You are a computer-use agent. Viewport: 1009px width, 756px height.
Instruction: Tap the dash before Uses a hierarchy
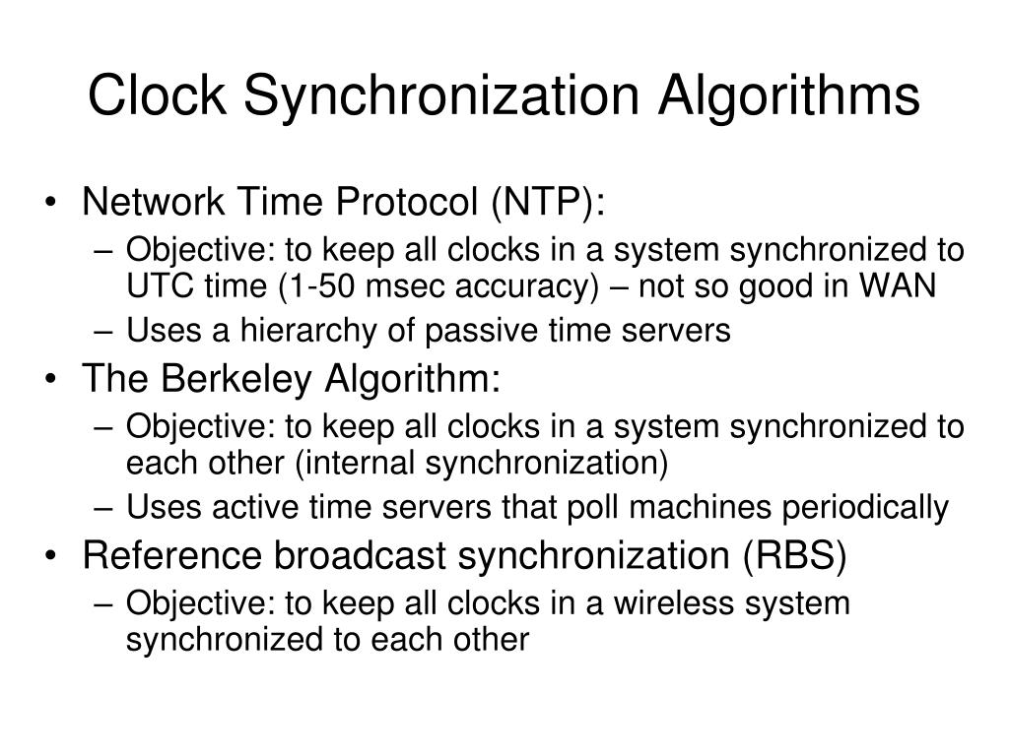106,332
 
